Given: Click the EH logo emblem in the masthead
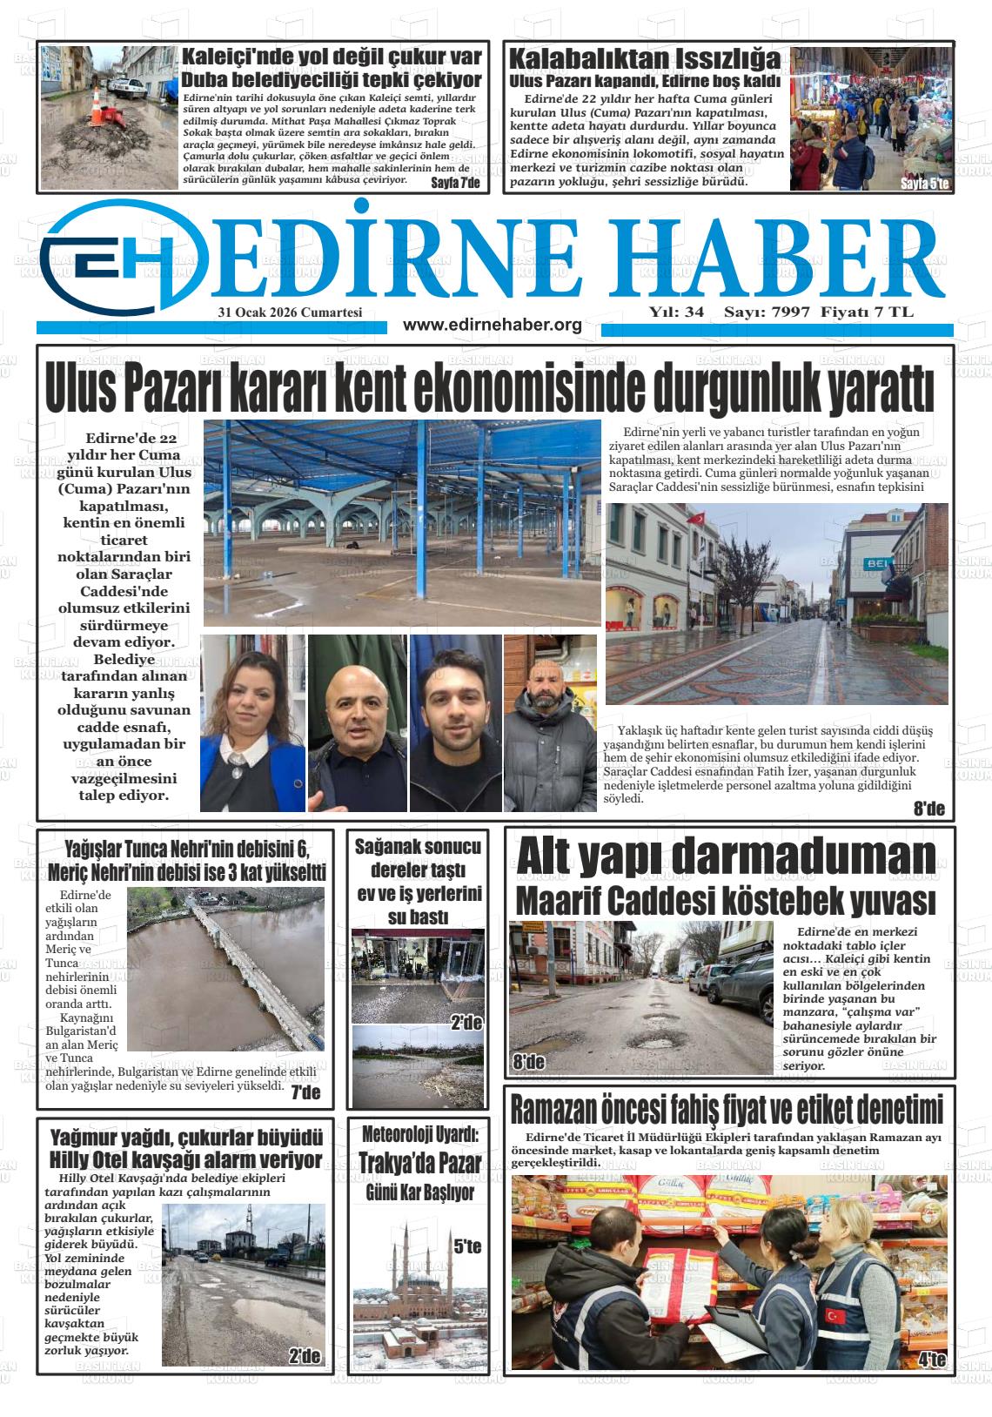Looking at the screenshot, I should click(x=122, y=255).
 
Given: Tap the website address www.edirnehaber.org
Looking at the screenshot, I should click(x=493, y=325).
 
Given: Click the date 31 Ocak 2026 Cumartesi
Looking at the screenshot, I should click(x=291, y=312).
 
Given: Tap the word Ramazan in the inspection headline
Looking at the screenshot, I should click(x=553, y=1111).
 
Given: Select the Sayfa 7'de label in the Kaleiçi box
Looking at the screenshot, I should click(x=456, y=183).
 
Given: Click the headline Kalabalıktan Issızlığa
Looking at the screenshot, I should click(x=644, y=60).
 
